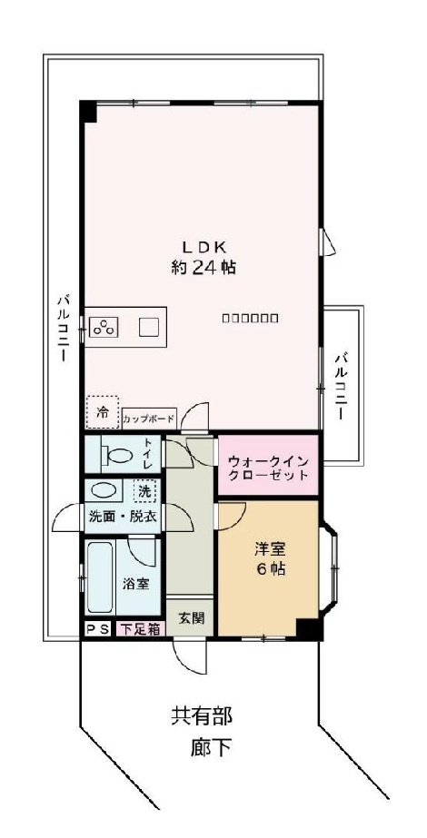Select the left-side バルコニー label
(63, 328)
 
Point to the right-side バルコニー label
(342, 385)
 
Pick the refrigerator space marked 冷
(103, 413)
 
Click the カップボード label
(148, 419)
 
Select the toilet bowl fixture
(114, 453)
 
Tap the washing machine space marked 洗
(145, 491)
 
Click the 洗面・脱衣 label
(122, 516)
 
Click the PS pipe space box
(97, 628)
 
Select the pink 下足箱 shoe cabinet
(141, 628)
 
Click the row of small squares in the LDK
(250, 318)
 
